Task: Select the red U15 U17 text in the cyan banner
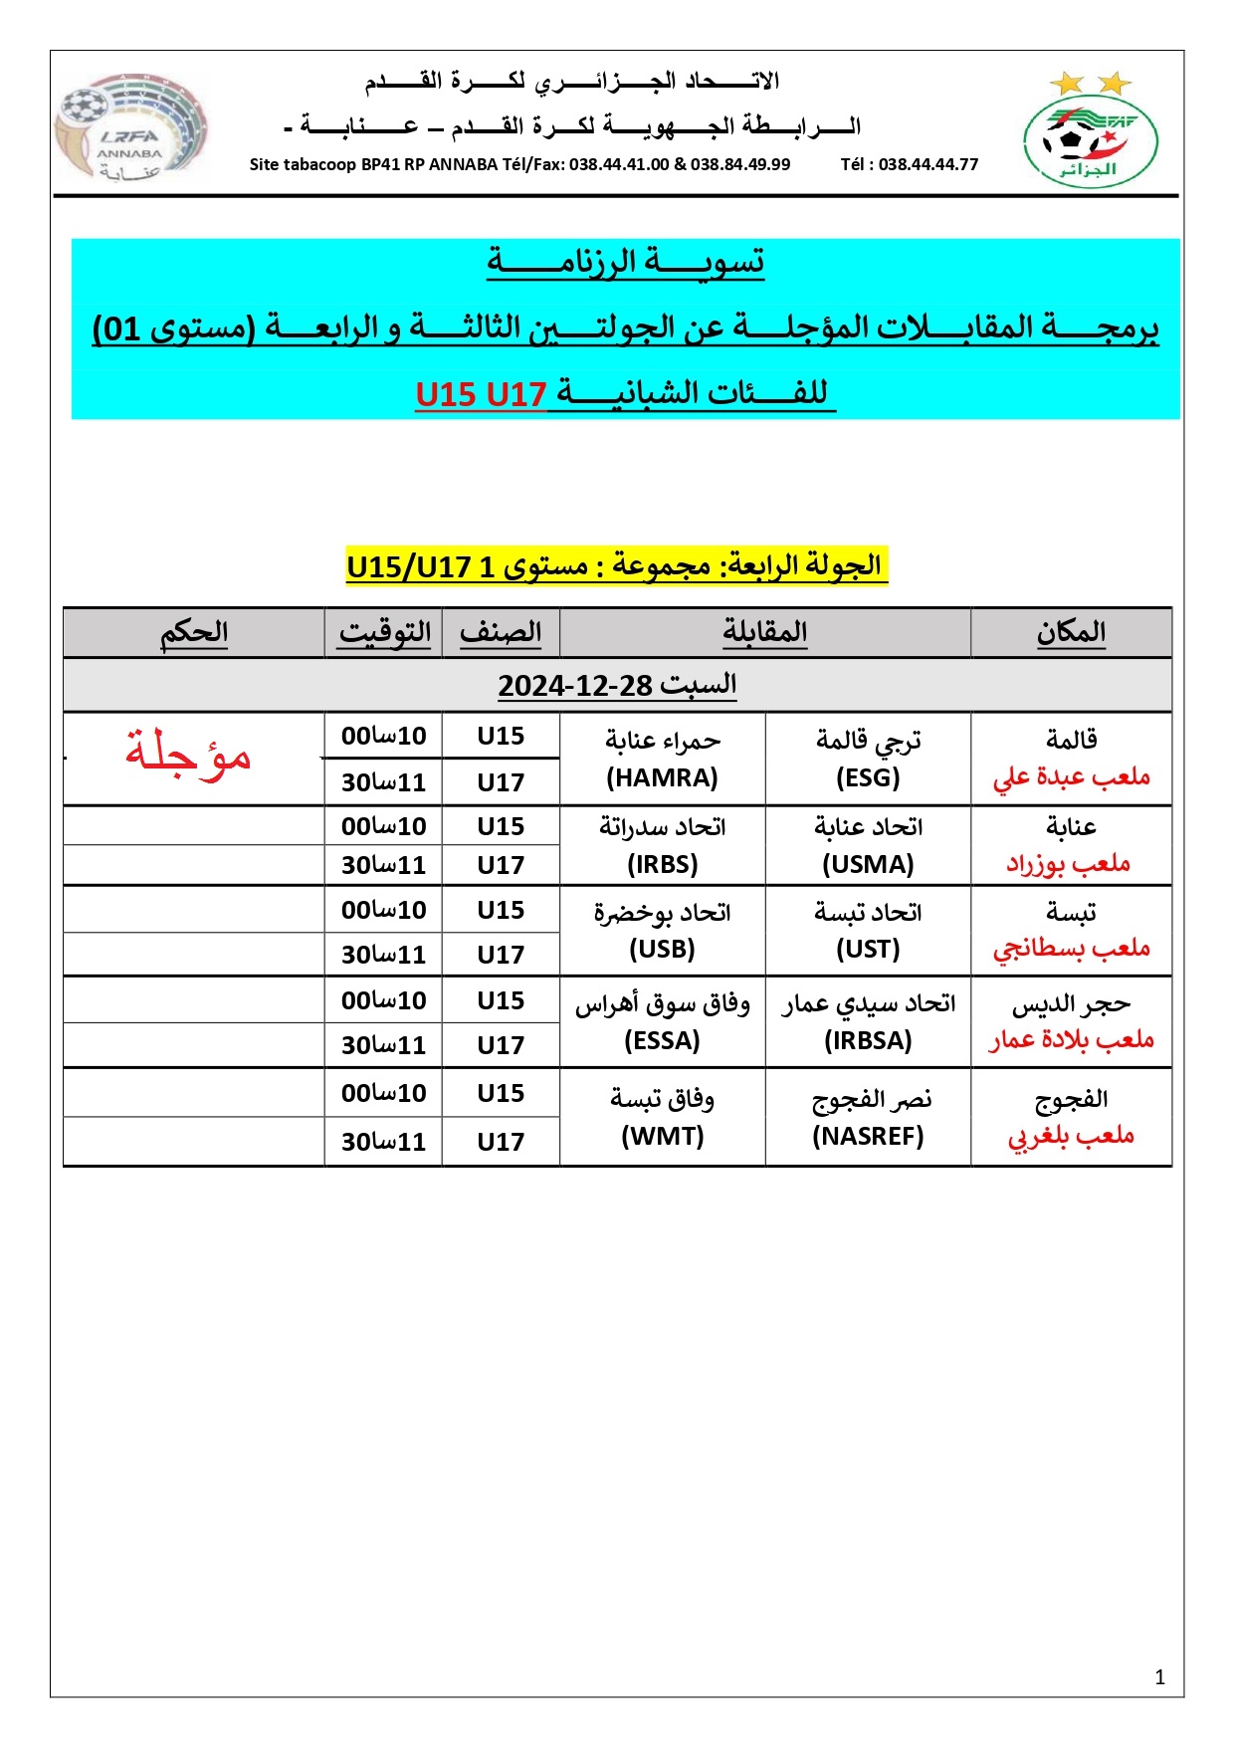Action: [481, 395]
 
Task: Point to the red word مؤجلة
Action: [188, 754]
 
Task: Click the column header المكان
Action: [1071, 632]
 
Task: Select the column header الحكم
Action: [194, 632]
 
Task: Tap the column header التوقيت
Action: [384, 632]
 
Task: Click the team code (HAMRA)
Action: [662, 777]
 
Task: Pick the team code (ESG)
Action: [868, 777]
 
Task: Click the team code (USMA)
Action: [868, 864]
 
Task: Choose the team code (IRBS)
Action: [662, 864]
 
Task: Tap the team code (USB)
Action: [662, 949]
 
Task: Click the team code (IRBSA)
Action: [868, 1040]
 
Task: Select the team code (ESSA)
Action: [662, 1040]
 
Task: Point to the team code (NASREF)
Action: [868, 1136]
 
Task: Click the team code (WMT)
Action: [662, 1136]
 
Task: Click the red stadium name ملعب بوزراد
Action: [1068, 863]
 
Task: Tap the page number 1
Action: [1159, 1677]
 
